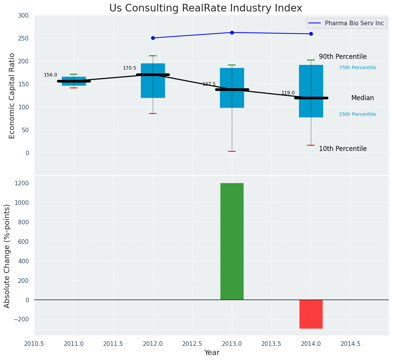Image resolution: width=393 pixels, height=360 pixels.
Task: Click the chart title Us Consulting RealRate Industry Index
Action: click(205, 8)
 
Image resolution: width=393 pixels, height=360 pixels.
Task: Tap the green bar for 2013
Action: click(232, 241)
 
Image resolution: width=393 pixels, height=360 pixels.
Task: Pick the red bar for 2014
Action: click(311, 314)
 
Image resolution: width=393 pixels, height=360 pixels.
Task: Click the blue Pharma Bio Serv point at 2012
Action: click(153, 38)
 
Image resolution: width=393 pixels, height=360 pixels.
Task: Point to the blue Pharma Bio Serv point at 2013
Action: click(232, 32)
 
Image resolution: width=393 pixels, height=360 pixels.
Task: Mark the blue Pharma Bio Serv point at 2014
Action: click(311, 34)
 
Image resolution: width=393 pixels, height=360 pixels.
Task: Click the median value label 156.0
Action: click(50, 75)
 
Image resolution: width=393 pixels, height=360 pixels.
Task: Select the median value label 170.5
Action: click(129, 68)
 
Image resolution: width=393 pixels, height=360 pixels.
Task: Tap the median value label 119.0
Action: click(288, 93)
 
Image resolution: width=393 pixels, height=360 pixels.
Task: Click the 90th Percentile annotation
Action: click(343, 57)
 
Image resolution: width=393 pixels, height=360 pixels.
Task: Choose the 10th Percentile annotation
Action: click(343, 149)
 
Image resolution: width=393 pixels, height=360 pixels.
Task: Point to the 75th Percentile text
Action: click(357, 68)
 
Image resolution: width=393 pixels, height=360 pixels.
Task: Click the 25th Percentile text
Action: click(357, 114)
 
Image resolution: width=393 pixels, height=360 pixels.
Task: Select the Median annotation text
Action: click(362, 98)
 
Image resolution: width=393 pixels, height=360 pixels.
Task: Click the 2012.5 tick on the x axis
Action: click(192, 344)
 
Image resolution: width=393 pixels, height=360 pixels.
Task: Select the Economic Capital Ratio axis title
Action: click(12, 96)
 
